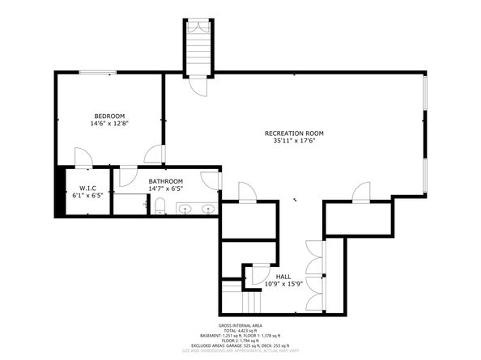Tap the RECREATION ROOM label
(x=294, y=133)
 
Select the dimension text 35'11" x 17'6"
(x=294, y=141)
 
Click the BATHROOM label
(x=165, y=181)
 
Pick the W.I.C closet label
(x=83, y=187)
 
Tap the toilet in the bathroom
(x=160, y=209)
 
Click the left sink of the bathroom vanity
(x=185, y=210)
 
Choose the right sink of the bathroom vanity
(x=208, y=210)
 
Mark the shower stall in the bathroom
(x=128, y=203)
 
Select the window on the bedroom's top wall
(x=96, y=73)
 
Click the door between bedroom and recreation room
(x=154, y=156)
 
